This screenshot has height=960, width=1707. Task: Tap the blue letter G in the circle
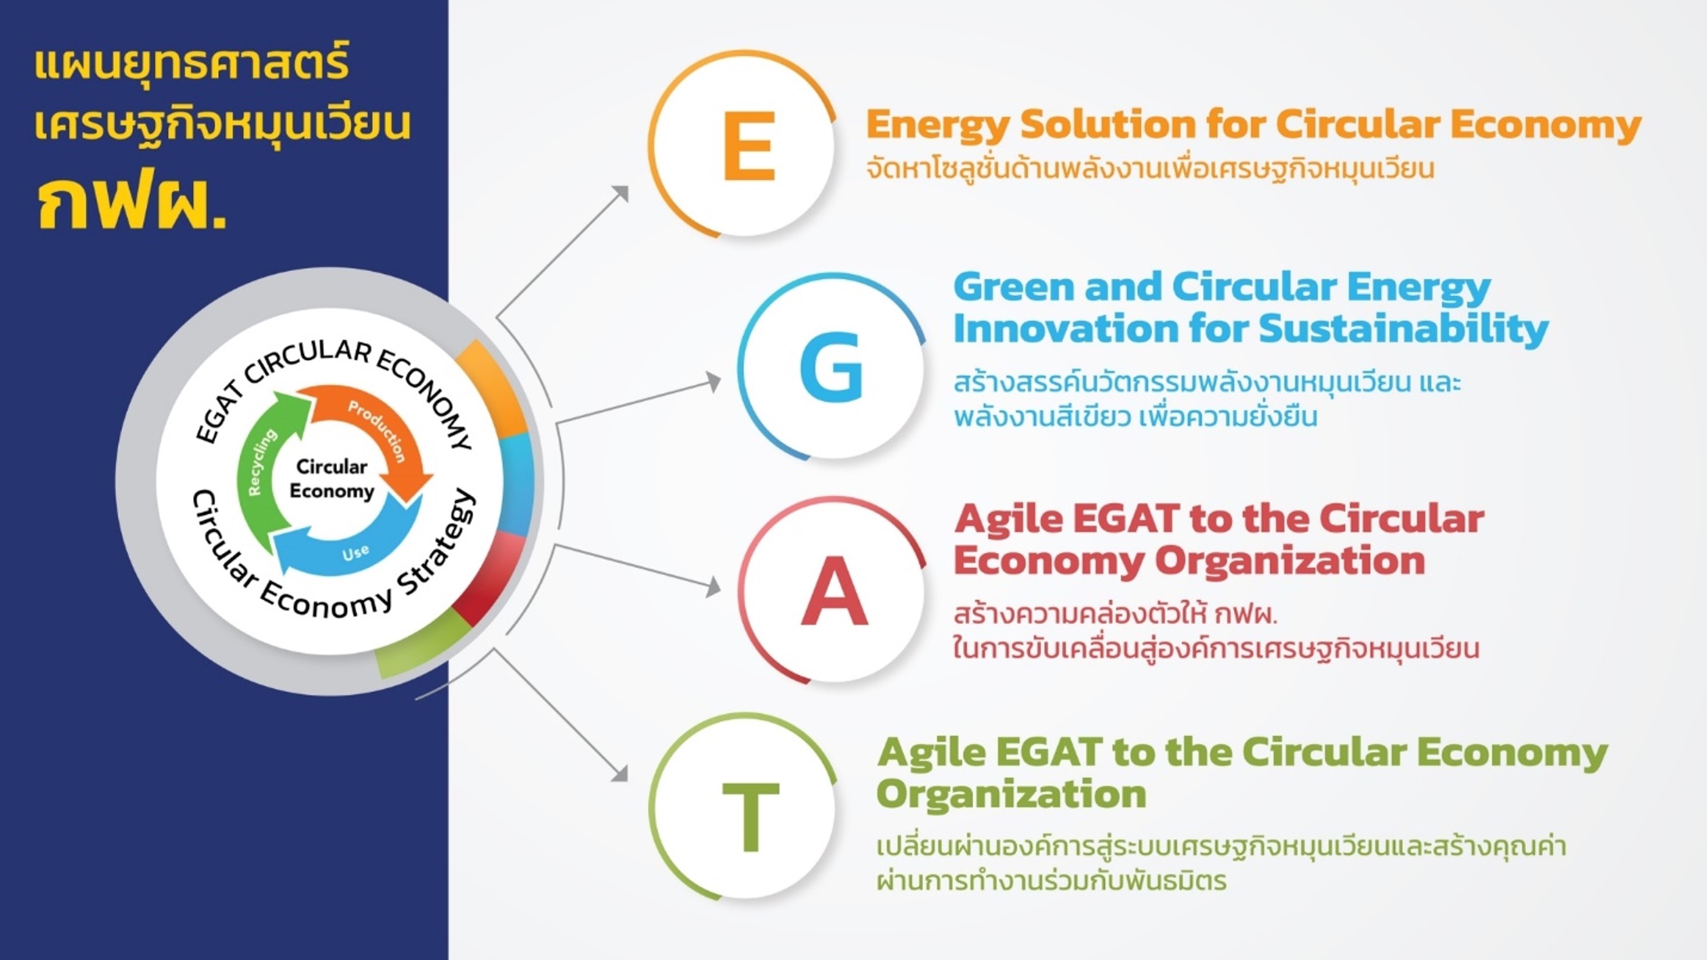(x=831, y=367)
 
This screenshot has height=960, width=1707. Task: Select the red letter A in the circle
(x=834, y=591)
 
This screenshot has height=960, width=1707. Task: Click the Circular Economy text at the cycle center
(x=332, y=479)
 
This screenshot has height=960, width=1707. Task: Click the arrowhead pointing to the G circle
(x=713, y=382)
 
